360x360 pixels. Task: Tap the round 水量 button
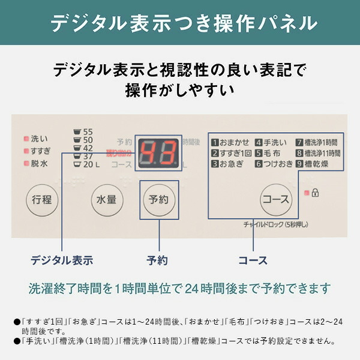106,199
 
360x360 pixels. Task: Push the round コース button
276,199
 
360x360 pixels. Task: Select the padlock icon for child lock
316,193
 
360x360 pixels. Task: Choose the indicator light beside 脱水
26,163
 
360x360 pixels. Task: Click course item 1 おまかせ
230,142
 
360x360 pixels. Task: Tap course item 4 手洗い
272,142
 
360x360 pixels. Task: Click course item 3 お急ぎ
227,164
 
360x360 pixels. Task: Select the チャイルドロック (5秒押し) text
276,225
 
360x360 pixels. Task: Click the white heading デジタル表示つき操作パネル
180,23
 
